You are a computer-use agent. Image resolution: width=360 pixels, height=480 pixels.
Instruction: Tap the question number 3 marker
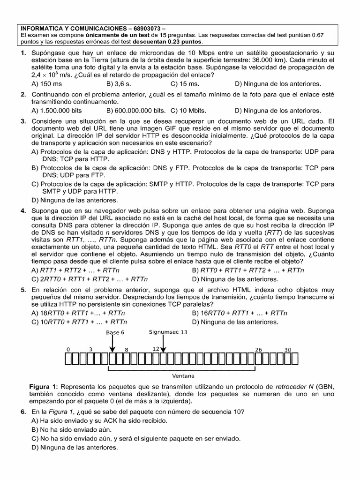[x=23, y=121]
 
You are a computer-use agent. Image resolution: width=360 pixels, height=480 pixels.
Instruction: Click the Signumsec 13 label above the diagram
[x=168, y=331]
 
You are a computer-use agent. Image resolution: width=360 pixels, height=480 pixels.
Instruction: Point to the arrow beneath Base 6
[x=112, y=345]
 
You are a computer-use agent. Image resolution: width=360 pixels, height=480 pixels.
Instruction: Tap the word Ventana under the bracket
[x=184, y=376]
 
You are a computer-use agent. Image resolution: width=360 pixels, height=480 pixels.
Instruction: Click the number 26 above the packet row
[x=258, y=350]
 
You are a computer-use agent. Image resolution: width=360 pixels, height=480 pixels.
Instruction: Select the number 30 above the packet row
[x=288, y=350]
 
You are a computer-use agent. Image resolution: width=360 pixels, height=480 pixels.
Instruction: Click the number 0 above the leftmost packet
[x=68, y=350]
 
